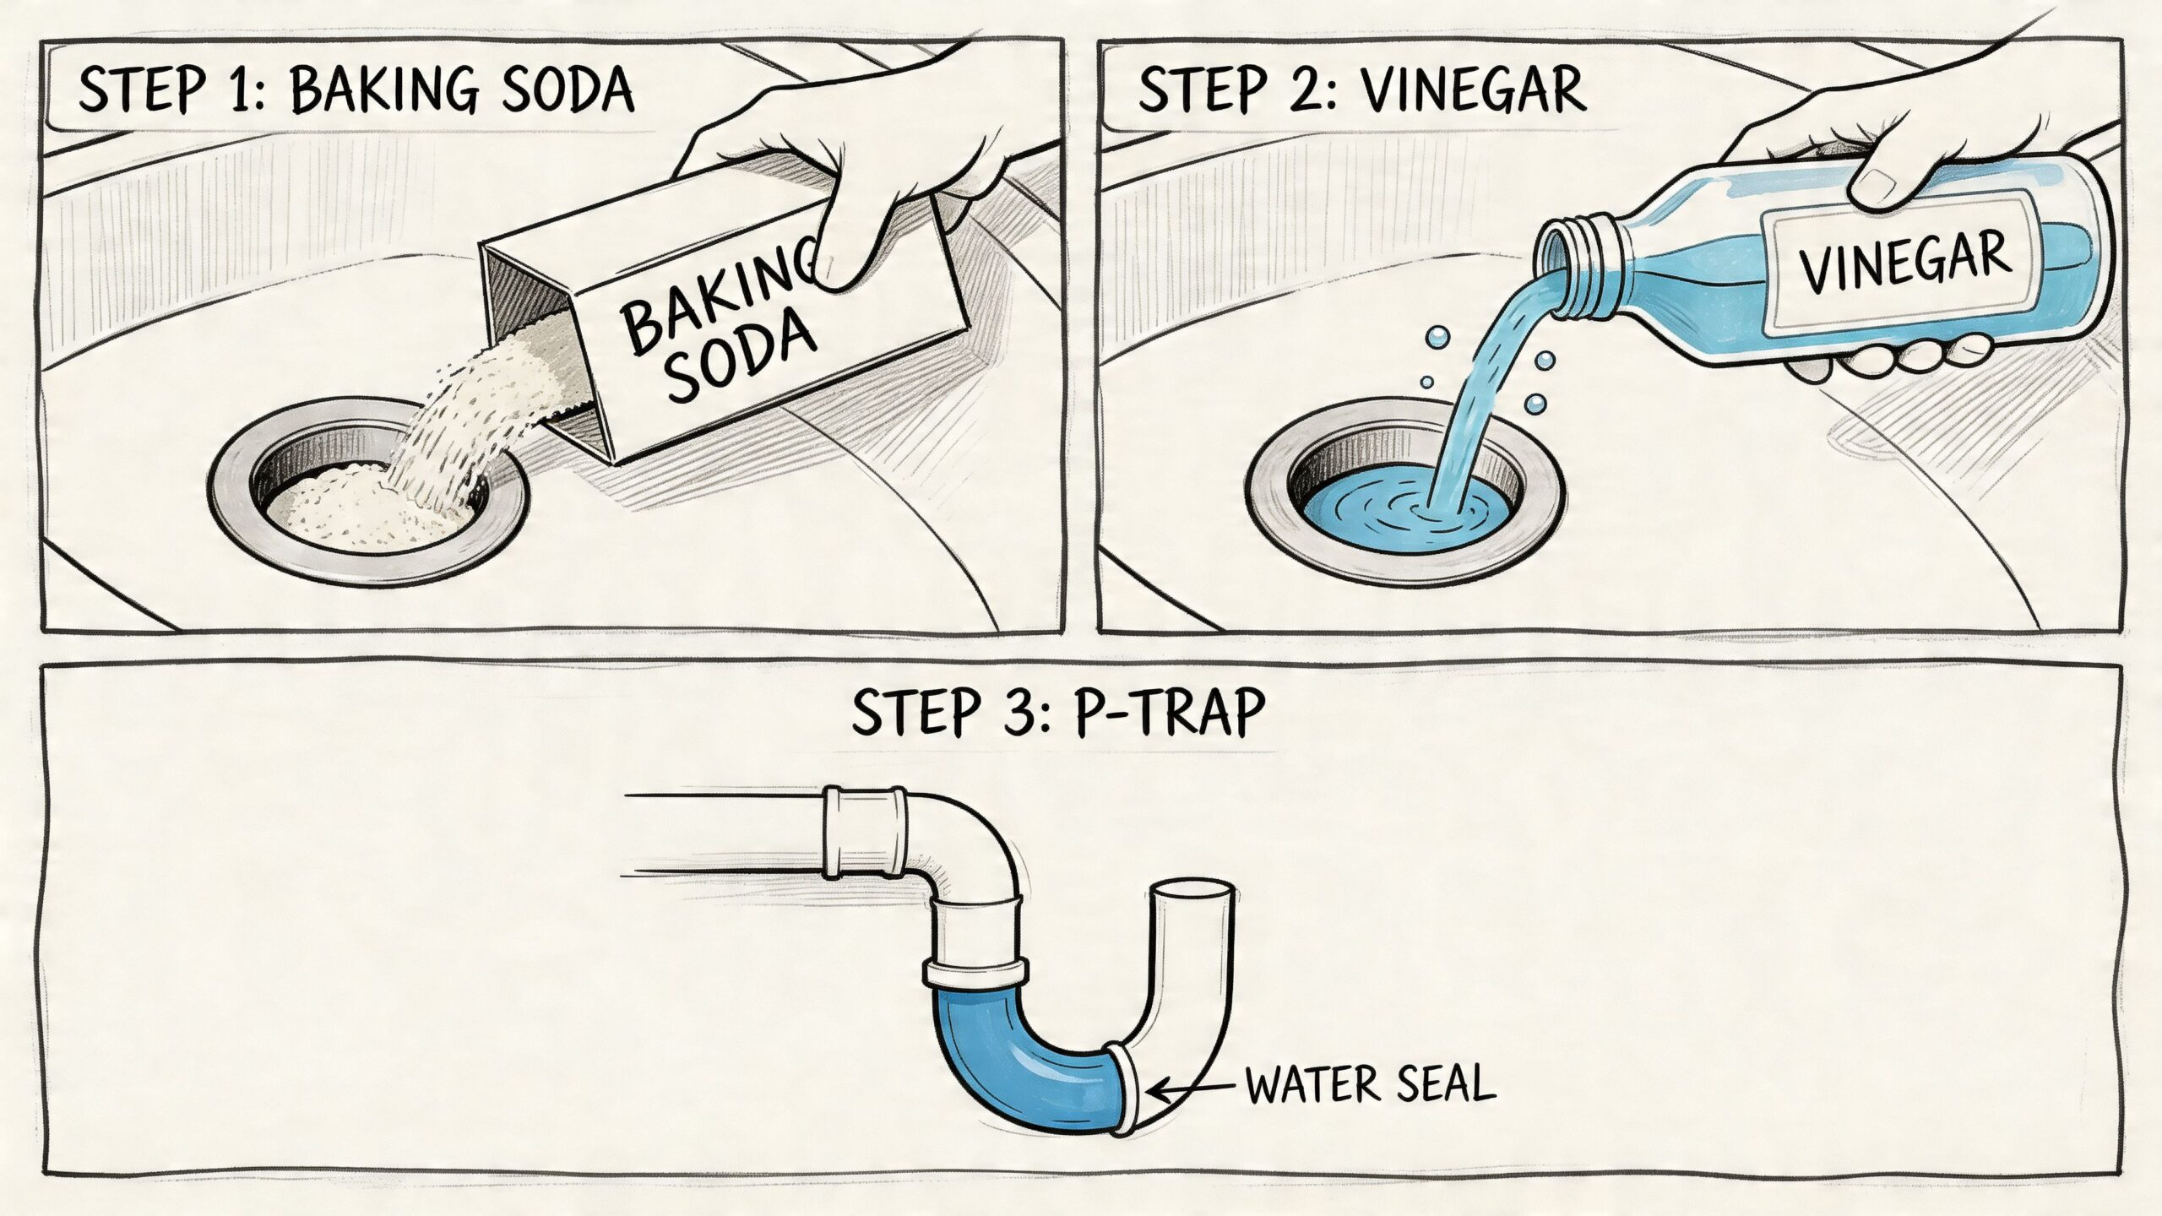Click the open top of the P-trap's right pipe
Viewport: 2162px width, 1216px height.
1192,893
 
